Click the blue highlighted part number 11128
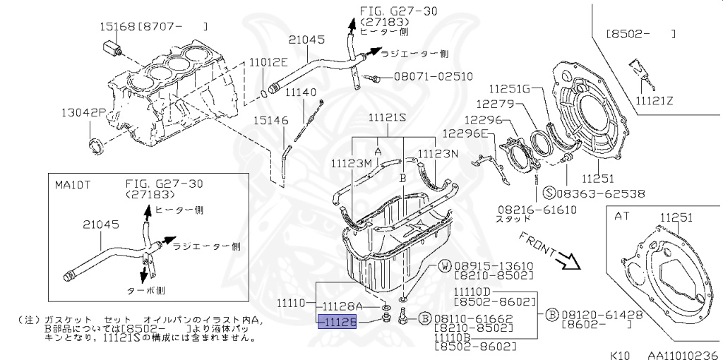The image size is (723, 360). point(339,322)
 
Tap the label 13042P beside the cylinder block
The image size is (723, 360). point(83,112)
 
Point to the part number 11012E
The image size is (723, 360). point(268,62)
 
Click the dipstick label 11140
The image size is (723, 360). point(300,92)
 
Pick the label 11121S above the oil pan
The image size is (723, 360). point(387,118)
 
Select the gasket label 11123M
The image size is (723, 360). point(351,163)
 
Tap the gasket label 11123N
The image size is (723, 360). point(438,153)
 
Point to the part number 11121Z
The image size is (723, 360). point(655,100)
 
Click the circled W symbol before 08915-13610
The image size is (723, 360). point(445,266)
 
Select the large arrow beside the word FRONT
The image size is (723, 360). point(567,262)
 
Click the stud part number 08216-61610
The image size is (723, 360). point(537,210)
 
